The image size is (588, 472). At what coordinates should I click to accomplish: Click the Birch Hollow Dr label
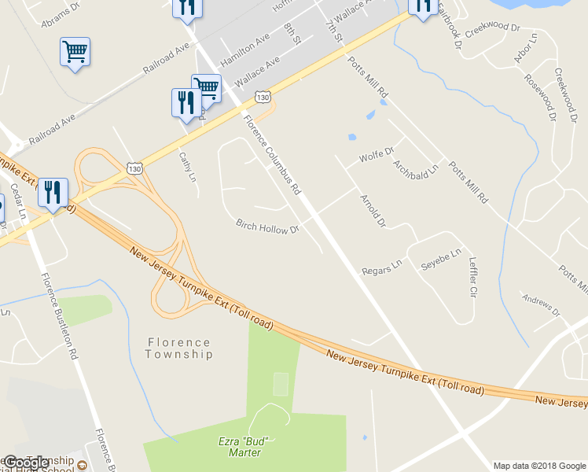[x=268, y=227]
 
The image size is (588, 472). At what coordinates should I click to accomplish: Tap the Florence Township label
[x=178, y=348]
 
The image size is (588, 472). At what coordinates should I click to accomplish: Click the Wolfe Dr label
[x=376, y=157]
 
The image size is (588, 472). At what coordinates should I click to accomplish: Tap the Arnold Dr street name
[x=373, y=210]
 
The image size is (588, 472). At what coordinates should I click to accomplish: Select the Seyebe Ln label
[x=441, y=260]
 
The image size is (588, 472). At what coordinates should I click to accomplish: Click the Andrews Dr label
[x=542, y=306]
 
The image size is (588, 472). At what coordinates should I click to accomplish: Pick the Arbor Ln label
[x=524, y=48]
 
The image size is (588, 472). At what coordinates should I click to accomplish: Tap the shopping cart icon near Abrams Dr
[x=75, y=53]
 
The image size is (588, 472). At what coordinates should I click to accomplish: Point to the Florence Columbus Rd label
[x=272, y=155]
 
